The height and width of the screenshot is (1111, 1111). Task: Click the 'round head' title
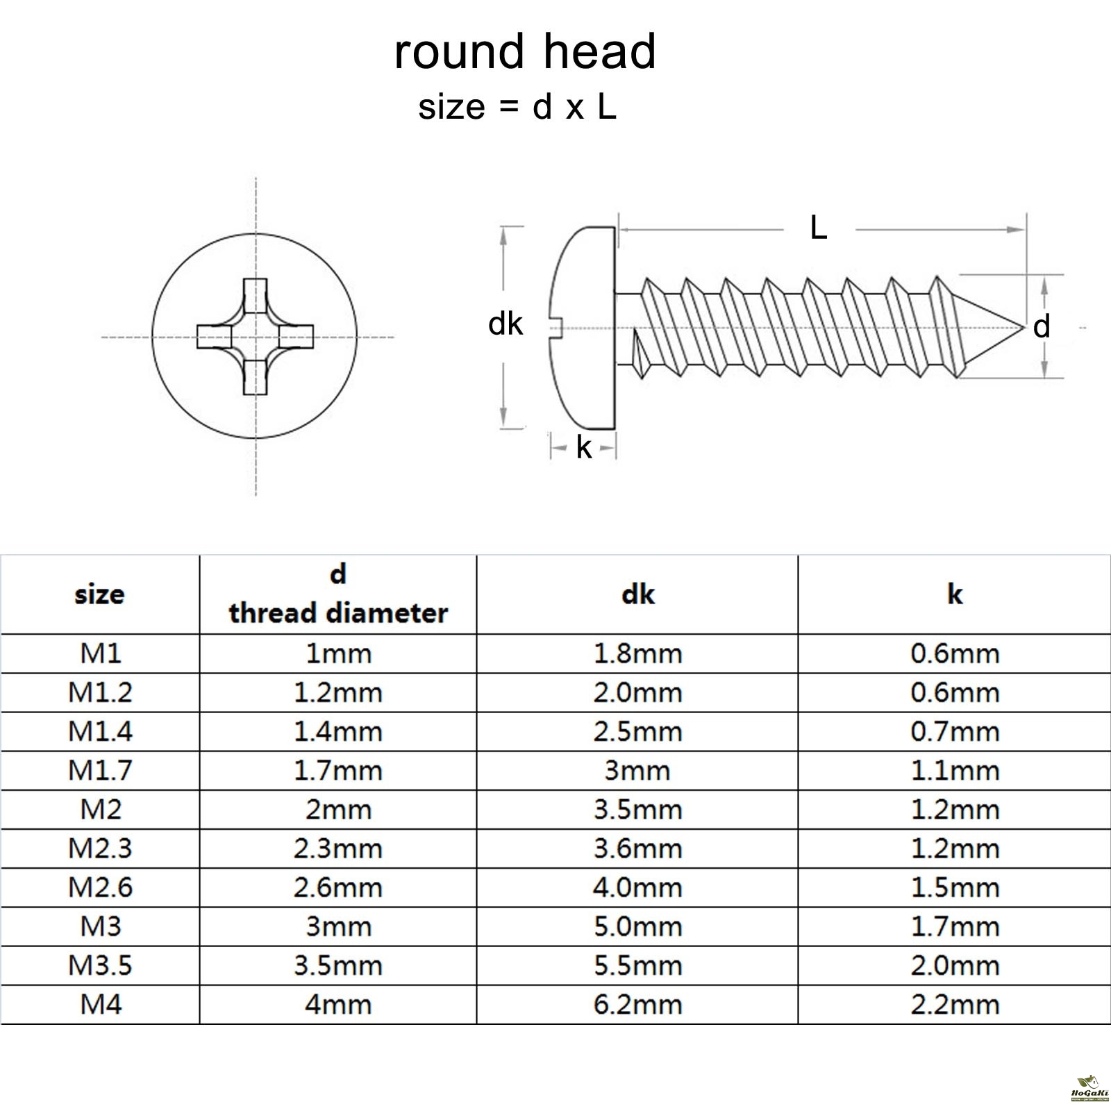[525, 52]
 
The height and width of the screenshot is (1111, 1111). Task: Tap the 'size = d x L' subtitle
[517, 108]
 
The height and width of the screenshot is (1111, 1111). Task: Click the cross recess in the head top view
[256, 337]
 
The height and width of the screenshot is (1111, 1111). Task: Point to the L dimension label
[819, 228]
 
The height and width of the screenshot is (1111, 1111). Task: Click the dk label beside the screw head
[505, 324]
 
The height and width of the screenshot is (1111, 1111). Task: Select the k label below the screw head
[584, 449]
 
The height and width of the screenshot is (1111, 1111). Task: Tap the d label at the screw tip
[1041, 326]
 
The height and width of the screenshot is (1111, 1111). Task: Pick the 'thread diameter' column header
[338, 612]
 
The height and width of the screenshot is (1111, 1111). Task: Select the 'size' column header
[99, 594]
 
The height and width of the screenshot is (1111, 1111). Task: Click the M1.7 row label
[100, 770]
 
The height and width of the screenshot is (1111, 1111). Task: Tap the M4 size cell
[100, 1004]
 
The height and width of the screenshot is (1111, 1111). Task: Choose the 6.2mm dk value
[637, 1004]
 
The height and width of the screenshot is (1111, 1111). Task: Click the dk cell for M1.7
[637, 770]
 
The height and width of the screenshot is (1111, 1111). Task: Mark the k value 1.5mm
[955, 887]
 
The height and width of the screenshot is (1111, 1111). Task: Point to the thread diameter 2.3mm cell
[338, 849]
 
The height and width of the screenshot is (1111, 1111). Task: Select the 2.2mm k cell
[955, 1004]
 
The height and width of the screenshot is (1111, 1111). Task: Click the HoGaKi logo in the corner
[1089, 1091]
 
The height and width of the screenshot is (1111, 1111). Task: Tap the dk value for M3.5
[637, 965]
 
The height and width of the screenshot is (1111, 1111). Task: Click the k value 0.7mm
[955, 731]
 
